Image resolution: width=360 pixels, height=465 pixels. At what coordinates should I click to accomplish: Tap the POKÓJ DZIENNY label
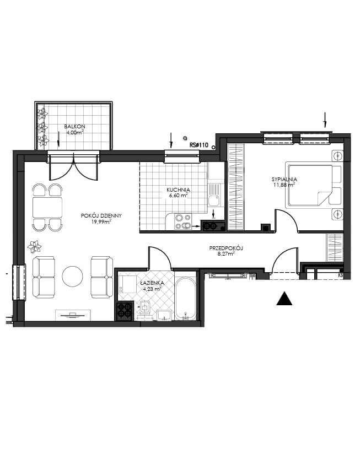click(101, 216)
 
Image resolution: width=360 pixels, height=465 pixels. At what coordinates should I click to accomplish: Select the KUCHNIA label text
click(178, 190)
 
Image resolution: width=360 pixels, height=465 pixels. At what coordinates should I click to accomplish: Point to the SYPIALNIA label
click(284, 180)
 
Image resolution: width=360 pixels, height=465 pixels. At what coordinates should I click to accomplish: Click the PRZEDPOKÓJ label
click(226, 248)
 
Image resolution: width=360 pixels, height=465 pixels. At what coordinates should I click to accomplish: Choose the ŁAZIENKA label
click(151, 283)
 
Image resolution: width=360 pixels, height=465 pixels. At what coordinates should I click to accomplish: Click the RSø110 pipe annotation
click(199, 145)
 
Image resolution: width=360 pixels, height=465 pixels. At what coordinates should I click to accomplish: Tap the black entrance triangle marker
click(284, 298)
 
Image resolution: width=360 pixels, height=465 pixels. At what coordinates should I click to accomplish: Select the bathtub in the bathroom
click(185, 299)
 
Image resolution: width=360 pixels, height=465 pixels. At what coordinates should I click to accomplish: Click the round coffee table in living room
click(72, 276)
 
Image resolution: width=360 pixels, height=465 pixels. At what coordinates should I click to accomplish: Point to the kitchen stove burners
click(183, 222)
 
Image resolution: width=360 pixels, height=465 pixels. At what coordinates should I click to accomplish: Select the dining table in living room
click(47, 207)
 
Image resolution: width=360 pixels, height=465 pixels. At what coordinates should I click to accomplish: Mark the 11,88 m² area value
click(284, 185)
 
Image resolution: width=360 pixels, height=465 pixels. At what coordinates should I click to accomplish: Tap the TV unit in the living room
click(73, 315)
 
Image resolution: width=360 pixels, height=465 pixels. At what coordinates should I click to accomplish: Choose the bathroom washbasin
click(164, 315)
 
